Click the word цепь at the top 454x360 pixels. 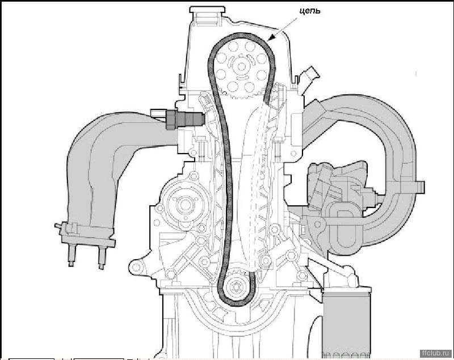[310, 11]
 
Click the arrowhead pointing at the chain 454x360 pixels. [272, 37]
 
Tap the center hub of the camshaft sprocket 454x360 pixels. [241, 66]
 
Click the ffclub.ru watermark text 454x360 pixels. [437, 353]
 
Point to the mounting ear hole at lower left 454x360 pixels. [136, 266]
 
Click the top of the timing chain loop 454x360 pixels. [242, 35]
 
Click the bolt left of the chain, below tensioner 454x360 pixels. [202, 147]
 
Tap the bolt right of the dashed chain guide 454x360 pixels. [278, 149]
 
